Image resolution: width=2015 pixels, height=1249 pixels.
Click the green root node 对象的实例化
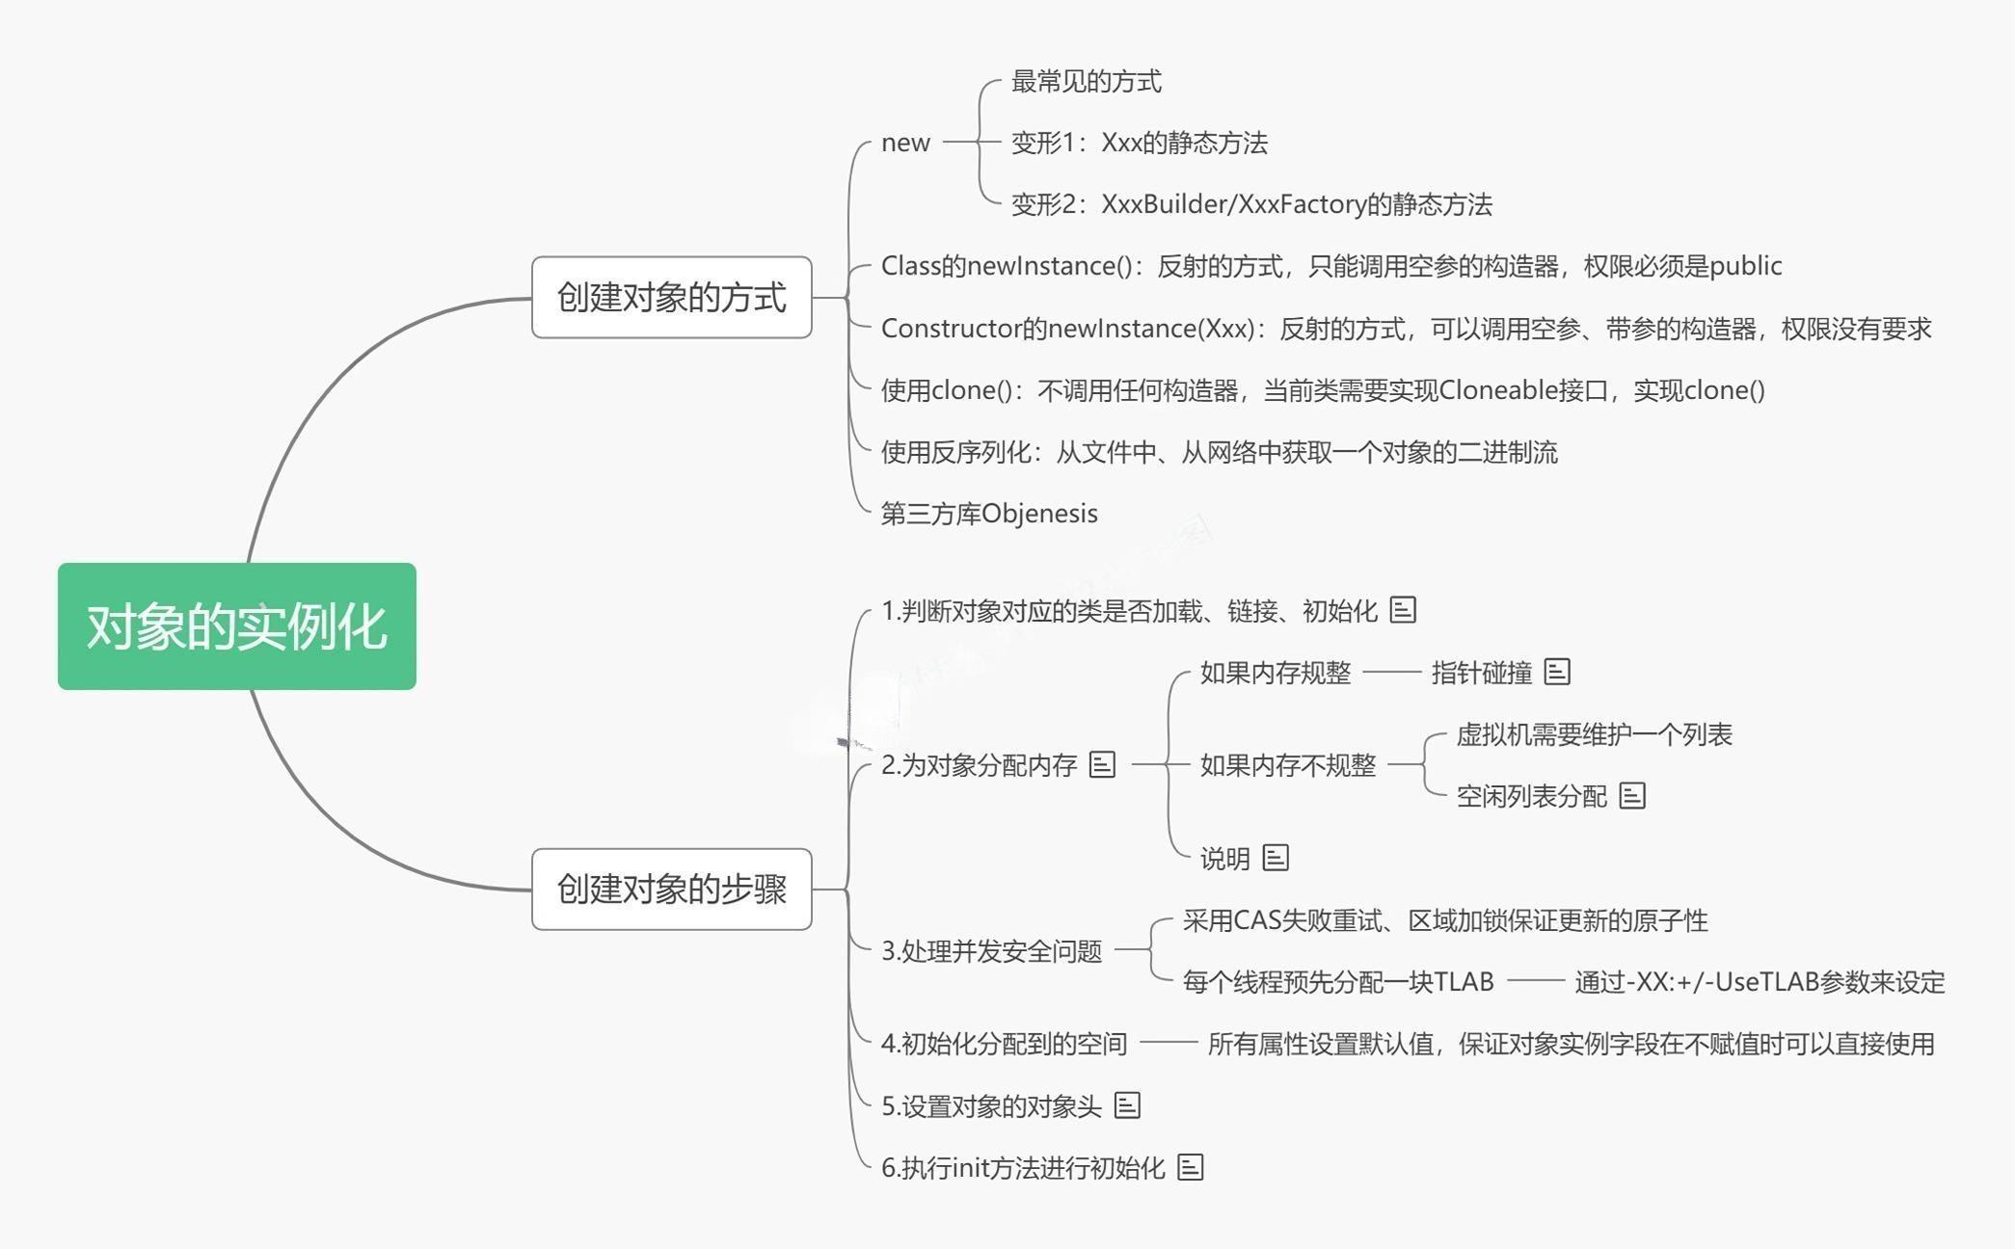point(237,626)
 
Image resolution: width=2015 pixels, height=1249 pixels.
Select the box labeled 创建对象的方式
point(671,297)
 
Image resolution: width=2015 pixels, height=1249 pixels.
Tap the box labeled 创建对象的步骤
point(671,889)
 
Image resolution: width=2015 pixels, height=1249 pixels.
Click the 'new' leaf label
point(905,143)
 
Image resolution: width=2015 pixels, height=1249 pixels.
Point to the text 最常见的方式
point(1086,82)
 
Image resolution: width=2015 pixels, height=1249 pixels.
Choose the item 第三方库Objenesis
point(989,514)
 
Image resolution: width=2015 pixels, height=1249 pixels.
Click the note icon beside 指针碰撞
point(1557,672)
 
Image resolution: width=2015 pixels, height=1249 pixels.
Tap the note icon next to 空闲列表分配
point(1632,796)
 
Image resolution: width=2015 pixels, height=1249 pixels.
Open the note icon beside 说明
point(1276,858)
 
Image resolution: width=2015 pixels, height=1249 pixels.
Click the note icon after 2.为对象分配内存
point(1102,765)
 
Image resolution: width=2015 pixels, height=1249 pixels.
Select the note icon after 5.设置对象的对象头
point(1127,1105)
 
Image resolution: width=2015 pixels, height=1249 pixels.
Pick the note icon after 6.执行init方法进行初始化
point(1191,1167)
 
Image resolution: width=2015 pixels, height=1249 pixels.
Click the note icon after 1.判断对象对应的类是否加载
point(1403,610)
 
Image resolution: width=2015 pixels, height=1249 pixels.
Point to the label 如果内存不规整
point(1287,765)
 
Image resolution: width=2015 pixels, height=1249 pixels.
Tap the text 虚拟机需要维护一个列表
point(1594,734)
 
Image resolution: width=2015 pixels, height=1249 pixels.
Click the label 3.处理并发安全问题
point(991,951)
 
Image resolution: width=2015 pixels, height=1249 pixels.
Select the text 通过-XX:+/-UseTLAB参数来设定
point(1760,982)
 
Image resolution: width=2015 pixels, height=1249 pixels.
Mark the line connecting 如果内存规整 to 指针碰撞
point(1391,673)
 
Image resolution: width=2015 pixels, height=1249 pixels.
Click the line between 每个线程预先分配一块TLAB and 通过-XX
point(1535,981)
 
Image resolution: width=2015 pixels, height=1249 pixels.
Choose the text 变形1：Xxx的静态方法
point(1139,143)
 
